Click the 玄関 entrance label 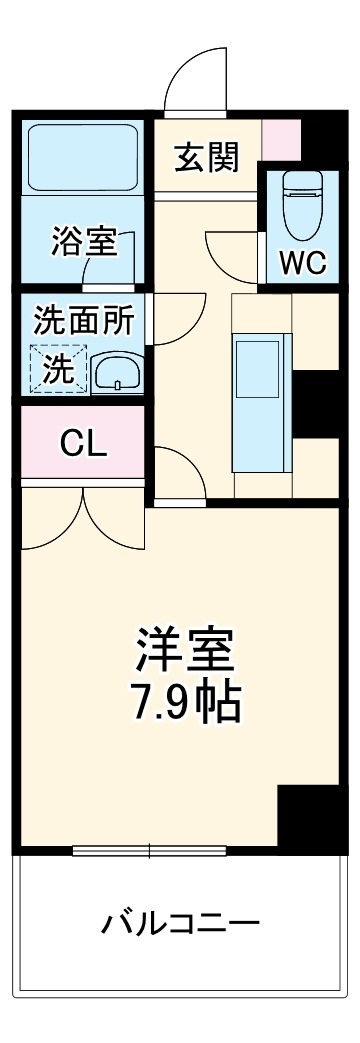point(207,157)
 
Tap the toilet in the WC point(300,201)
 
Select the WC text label point(302,261)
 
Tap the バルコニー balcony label point(181,922)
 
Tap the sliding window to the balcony point(150,852)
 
